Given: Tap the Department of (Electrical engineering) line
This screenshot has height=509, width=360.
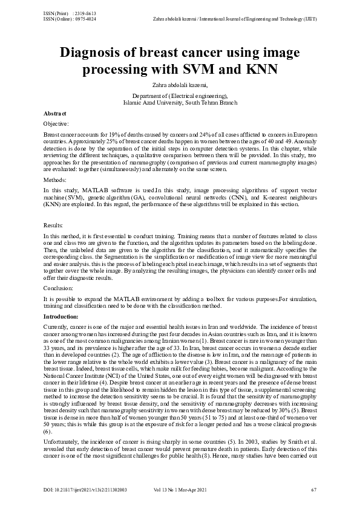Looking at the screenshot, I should click(180, 96).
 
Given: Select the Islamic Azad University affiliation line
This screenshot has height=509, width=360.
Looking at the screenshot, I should click(180, 102).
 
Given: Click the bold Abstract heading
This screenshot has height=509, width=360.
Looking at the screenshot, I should click(55, 114).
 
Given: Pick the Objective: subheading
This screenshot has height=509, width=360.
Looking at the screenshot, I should click(57, 123).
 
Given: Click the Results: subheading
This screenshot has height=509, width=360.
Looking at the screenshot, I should click(54, 224).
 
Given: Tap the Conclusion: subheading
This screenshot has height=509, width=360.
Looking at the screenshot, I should click(58, 288).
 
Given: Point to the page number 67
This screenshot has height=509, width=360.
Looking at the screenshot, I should click(313, 488).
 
